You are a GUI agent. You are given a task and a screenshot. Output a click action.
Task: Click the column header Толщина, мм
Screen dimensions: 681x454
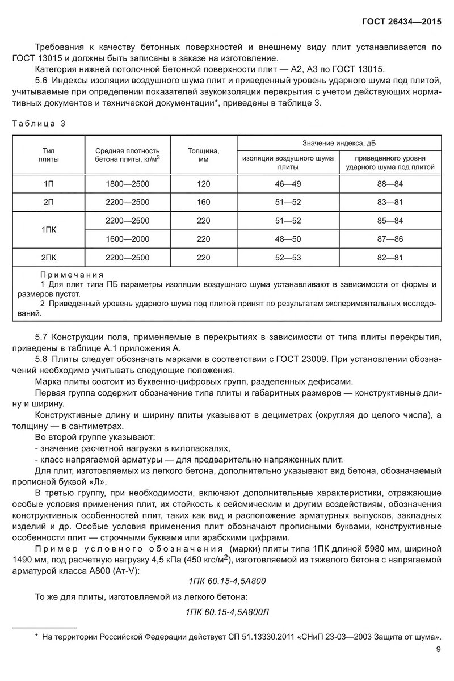click(203, 155)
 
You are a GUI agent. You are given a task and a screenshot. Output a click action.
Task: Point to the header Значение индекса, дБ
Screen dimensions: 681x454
click(339, 144)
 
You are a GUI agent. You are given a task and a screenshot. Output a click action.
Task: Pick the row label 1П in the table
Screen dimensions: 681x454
click(48, 184)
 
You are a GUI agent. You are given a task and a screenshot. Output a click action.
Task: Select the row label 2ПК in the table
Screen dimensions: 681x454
click(48, 258)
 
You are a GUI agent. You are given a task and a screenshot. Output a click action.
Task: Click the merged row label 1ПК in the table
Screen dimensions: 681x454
click(48, 230)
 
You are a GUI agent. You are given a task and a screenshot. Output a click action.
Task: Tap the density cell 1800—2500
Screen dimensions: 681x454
click(128, 184)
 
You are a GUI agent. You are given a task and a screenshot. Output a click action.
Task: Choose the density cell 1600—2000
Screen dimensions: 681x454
click(128, 239)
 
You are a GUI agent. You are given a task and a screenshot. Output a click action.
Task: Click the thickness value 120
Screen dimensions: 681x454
click(203, 184)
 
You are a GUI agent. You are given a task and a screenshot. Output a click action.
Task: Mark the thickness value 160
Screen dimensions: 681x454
click(203, 202)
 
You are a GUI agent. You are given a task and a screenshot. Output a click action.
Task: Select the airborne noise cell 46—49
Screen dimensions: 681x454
click(288, 184)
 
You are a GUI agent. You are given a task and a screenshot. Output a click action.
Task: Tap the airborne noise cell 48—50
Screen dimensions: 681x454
click(288, 239)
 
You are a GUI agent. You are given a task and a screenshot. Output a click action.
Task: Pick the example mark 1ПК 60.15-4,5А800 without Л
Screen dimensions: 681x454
click(226, 582)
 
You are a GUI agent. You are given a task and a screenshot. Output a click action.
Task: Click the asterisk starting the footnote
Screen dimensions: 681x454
click(36, 637)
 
